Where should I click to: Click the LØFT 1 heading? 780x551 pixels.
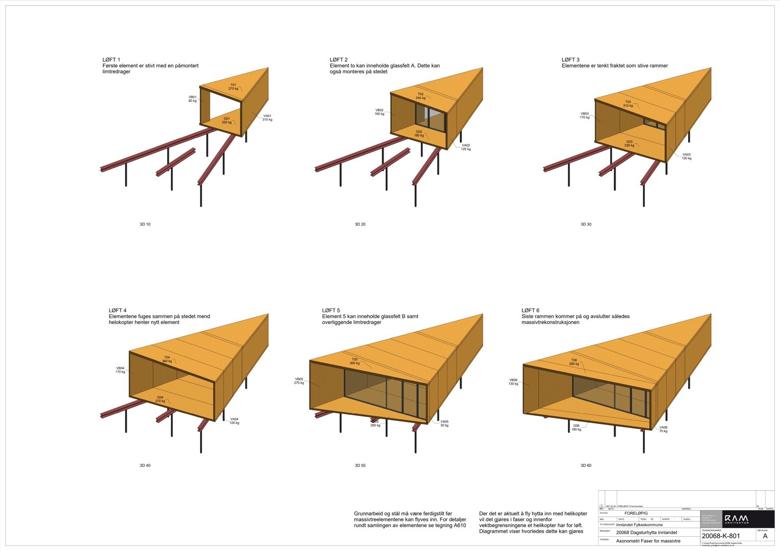tap(111, 60)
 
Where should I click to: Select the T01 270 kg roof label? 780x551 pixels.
tap(233, 87)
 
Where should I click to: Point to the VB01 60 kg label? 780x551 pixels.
tap(192, 98)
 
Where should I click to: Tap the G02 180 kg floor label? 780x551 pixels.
tap(419, 134)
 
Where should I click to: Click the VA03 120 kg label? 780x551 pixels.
tap(687, 156)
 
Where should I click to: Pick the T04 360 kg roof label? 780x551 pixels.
tap(167, 359)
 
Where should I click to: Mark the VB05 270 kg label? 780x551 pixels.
tap(299, 381)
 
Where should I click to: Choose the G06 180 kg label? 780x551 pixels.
tap(576, 428)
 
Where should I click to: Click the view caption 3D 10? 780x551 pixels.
tap(145, 224)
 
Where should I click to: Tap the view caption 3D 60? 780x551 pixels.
tap(586, 466)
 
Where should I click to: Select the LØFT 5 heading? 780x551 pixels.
tap(331, 310)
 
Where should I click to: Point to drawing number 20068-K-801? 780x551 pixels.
tap(720, 536)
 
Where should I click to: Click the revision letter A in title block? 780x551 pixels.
tap(765, 536)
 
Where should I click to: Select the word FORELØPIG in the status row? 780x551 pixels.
tap(636, 513)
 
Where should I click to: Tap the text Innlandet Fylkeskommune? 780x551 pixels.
tap(639, 524)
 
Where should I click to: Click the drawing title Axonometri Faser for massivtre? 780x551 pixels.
tap(648, 541)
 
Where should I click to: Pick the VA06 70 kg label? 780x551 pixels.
tap(663, 429)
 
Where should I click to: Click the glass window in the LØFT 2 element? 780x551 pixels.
tap(430, 118)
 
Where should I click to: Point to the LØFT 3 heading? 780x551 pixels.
tap(570, 60)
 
